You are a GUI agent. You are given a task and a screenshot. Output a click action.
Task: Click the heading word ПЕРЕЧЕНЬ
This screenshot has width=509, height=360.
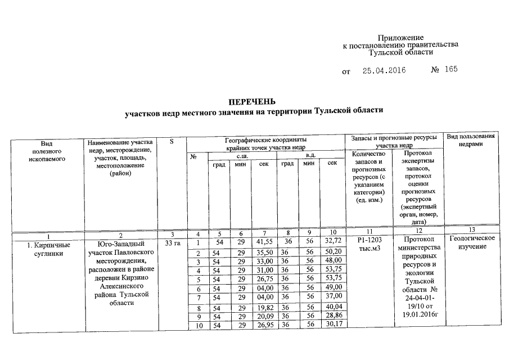point(251,102)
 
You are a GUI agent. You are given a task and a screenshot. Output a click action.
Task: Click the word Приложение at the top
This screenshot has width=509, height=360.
point(400,37)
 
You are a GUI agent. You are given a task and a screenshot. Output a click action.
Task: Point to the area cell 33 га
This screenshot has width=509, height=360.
point(172,244)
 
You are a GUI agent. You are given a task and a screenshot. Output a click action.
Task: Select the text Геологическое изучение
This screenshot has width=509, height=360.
point(472,243)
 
